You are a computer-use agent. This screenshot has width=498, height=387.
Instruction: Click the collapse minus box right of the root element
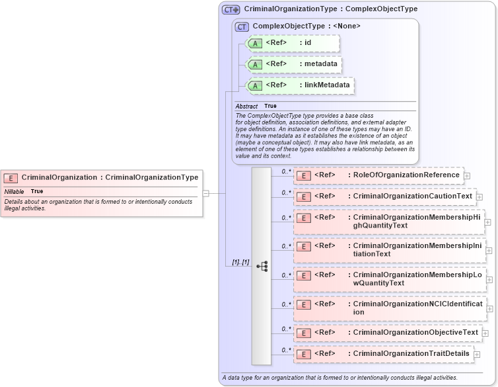point(206,193)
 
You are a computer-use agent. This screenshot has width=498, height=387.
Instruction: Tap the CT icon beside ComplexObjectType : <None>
point(242,26)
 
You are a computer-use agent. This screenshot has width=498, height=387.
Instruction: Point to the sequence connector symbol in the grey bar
point(262,266)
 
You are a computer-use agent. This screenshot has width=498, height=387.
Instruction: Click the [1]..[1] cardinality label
point(240,263)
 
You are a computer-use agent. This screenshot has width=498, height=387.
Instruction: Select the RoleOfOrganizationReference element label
point(406,175)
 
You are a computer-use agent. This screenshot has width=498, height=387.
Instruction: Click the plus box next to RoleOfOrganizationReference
point(467,176)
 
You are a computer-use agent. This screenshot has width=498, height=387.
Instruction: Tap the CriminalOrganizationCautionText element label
point(413,196)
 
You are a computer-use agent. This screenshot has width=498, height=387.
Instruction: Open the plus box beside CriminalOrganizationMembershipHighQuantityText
point(488,222)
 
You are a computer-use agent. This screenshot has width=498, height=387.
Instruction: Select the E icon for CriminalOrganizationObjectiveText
point(304,333)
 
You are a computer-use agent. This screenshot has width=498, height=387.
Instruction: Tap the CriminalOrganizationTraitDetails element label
point(411,354)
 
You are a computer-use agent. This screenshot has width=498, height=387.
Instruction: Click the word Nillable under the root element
point(14,191)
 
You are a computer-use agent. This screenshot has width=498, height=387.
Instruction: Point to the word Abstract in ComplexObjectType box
point(246,106)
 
